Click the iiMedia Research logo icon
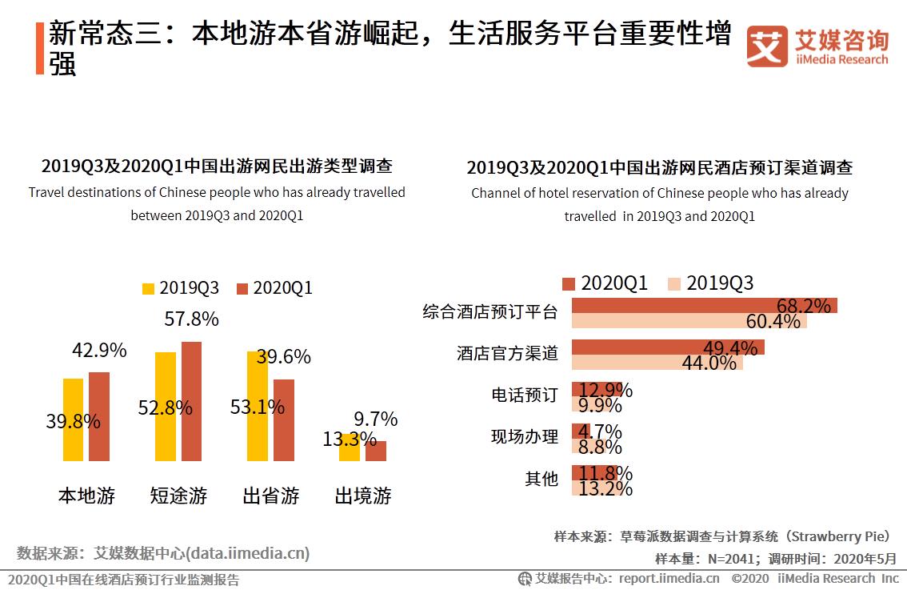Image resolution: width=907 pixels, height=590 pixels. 767,47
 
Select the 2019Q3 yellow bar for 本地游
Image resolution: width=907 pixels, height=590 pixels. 73,419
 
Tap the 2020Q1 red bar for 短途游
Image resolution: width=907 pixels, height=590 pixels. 191,401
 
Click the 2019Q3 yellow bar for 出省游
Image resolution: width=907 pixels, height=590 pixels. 258,406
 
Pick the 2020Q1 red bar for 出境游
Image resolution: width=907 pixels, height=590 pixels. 376,451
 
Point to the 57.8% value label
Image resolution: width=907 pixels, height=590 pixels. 191,319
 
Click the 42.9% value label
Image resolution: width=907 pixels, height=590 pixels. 99,351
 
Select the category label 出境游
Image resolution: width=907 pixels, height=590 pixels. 363,496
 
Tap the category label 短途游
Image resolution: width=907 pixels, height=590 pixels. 178,496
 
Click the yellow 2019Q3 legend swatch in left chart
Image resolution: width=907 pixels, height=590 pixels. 148,288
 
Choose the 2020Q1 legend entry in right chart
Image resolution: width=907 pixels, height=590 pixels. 605,283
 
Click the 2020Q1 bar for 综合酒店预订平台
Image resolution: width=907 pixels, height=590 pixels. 704,305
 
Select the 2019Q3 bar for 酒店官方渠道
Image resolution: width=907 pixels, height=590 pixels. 657,363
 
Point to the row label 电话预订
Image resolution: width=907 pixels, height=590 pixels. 525,395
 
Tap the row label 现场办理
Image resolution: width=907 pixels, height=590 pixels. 525,437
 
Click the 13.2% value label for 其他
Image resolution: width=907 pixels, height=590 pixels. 605,488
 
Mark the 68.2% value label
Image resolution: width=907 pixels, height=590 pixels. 803,306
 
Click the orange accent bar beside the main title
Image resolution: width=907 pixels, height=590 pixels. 40,49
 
